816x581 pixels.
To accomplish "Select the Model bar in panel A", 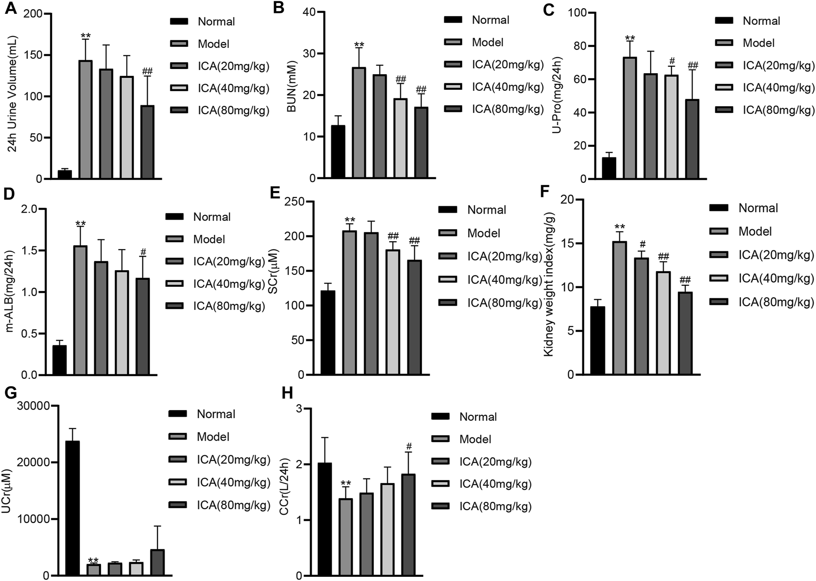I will click(x=85, y=120).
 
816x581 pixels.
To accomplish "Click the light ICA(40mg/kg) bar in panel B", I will click(x=400, y=138).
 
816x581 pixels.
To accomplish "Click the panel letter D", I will click(x=9, y=193).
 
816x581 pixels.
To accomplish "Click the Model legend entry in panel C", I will click(x=758, y=43).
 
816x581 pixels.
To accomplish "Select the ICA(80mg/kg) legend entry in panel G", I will click(x=233, y=505).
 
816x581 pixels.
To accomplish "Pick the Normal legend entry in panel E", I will click(x=486, y=210).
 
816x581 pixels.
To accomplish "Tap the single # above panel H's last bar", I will click(x=408, y=446).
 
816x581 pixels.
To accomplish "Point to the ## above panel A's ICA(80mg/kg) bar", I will click(x=147, y=71).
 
